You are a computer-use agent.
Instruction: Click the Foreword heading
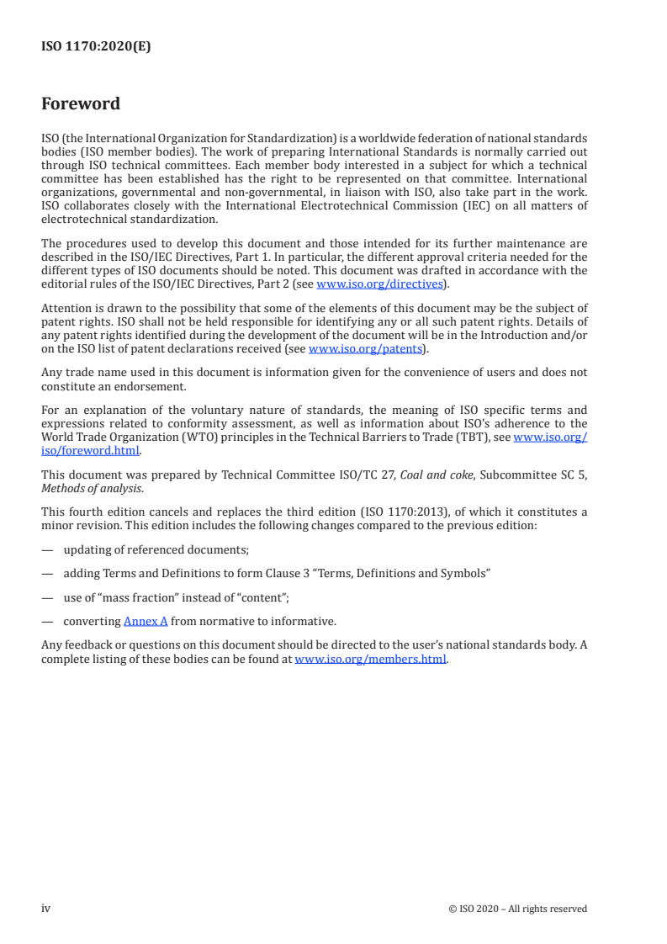click(x=81, y=104)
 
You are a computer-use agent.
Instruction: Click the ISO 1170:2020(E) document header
click(x=96, y=47)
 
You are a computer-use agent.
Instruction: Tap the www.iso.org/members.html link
click(x=370, y=660)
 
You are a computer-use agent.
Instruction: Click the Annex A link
click(x=146, y=622)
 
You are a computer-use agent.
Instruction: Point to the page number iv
click(x=46, y=909)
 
